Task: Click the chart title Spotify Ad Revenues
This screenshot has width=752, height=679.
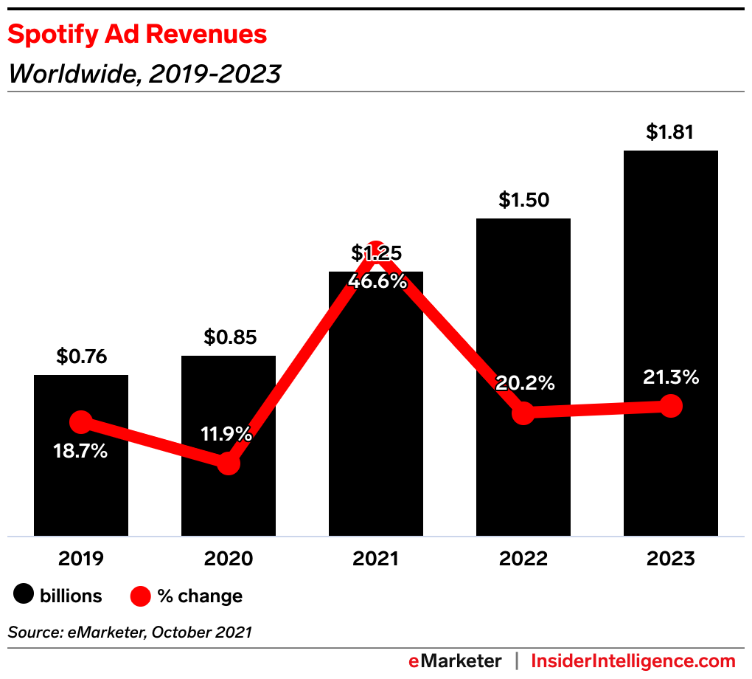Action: (137, 34)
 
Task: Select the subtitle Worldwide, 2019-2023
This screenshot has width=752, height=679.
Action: (144, 74)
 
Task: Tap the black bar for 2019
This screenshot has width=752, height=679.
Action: (81, 487)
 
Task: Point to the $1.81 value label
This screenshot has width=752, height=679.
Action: (670, 133)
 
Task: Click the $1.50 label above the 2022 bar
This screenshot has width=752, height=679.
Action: (523, 200)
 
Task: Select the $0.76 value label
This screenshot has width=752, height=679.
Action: (81, 357)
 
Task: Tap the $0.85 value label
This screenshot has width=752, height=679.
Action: (229, 338)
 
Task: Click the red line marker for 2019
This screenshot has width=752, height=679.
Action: (81, 422)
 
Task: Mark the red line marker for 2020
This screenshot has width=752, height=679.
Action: (229, 463)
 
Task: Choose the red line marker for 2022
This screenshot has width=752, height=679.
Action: (523, 413)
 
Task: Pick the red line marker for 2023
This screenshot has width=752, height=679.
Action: (670, 406)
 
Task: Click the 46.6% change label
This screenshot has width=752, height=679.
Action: (377, 281)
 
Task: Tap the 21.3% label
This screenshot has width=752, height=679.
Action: (670, 378)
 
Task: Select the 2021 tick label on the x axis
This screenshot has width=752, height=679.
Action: (376, 559)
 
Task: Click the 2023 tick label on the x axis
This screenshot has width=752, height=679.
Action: (670, 559)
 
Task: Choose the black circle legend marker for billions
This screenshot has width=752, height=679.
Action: (24, 596)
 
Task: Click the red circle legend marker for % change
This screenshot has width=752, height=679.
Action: (140, 596)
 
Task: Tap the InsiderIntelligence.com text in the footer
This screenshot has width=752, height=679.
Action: (633, 661)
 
